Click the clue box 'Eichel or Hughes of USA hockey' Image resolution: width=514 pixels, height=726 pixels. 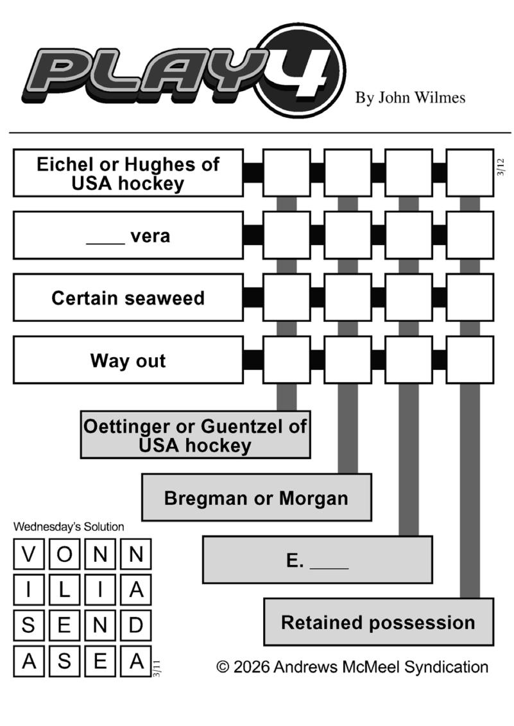(x=128, y=173)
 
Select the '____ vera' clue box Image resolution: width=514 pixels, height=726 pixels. (x=128, y=235)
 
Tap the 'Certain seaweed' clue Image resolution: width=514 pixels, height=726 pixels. (x=128, y=298)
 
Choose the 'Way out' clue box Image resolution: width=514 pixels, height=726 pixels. (x=128, y=360)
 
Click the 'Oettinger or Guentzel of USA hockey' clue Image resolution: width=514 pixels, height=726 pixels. (x=195, y=435)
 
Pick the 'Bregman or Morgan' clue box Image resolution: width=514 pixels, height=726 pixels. (x=256, y=498)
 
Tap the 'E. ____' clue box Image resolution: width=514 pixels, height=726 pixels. (x=317, y=560)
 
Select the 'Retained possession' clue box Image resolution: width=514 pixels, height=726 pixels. (x=378, y=622)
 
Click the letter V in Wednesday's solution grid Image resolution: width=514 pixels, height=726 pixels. (x=28, y=554)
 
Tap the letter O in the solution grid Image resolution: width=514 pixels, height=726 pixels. (x=64, y=554)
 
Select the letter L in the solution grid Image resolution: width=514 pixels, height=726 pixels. (x=64, y=590)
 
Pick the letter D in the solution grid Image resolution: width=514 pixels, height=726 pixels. (x=135, y=625)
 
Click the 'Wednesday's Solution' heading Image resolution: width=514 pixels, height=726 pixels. (x=69, y=527)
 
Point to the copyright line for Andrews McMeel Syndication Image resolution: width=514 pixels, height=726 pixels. (x=352, y=667)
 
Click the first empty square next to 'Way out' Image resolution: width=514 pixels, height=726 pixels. (x=286, y=360)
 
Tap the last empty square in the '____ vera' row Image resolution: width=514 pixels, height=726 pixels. (x=470, y=235)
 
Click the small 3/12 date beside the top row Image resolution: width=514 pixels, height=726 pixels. (x=501, y=167)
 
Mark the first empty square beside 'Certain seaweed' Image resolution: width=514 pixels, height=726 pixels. (x=286, y=298)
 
